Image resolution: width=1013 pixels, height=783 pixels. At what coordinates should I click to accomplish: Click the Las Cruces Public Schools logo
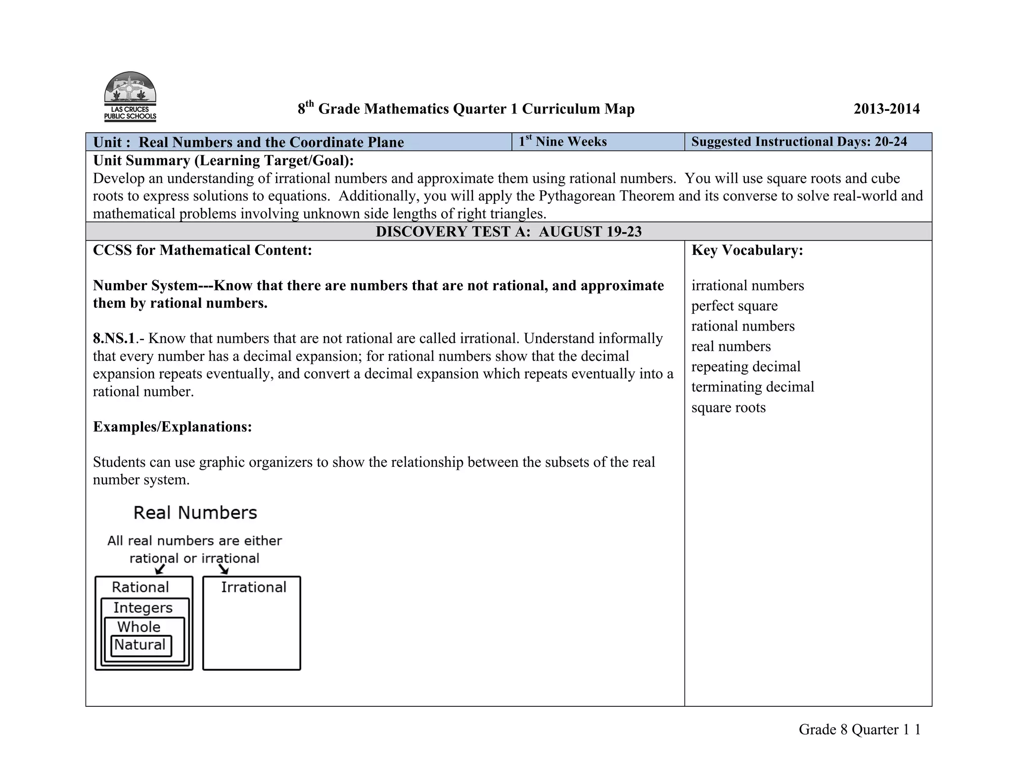tap(130, 97)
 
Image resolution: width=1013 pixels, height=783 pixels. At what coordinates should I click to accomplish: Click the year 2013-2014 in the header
tap(886, 109)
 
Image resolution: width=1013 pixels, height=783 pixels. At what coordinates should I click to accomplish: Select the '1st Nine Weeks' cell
tap(563, 142)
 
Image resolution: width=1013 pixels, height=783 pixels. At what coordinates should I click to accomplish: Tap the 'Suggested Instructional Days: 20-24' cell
tap(799, 142)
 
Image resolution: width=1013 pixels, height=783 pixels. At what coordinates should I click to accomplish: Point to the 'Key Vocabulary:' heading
tap(747, 250)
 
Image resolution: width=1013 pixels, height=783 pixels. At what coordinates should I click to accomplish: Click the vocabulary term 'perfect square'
tap(734, 306)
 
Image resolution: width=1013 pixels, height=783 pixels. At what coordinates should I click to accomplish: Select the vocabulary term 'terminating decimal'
tap(752, 387)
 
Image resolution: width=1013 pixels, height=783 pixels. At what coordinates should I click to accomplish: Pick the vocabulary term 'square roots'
tap(728, 408)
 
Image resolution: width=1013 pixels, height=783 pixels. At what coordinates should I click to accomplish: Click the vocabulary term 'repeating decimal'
tap(745, 367)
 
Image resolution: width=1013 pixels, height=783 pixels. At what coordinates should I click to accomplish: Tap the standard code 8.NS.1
tap(114, 339)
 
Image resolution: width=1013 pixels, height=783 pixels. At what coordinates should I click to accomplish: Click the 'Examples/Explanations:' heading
tap(172, 427)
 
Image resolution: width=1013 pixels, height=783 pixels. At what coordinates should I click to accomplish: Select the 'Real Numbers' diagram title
tap(195, 513)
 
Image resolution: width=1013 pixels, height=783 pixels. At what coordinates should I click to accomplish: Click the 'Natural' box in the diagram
tap(140, 645)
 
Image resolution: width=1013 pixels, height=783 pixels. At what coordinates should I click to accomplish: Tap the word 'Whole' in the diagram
tap(139, 627)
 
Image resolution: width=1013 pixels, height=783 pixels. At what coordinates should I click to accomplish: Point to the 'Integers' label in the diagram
tap(143, 608)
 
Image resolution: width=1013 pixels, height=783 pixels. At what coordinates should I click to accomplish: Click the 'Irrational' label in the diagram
tap(253, 587)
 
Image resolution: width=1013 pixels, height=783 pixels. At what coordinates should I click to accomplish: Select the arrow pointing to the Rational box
tap(160, 570)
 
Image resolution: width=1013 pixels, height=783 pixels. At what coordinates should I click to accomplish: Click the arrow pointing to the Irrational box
tap(224, 570)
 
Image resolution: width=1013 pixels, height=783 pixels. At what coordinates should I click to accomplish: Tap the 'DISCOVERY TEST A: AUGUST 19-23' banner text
tap(508, 232)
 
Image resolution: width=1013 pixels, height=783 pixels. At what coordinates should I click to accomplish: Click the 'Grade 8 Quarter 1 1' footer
tap(859, 730)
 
